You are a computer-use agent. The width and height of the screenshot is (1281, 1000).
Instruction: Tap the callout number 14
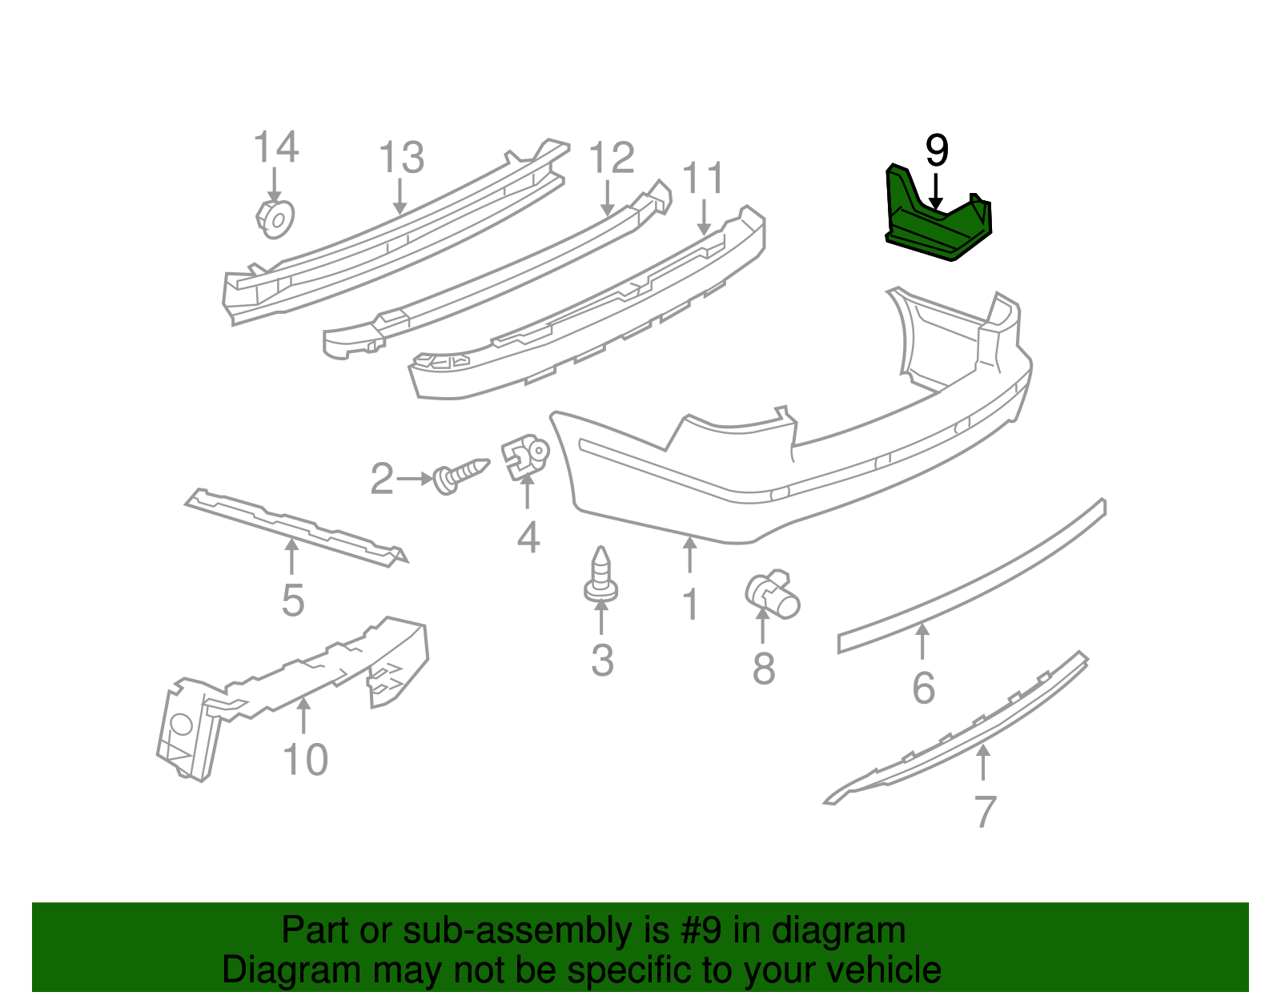[x=275, y=148]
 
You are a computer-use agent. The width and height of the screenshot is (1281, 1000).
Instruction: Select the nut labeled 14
[x=275, y=218]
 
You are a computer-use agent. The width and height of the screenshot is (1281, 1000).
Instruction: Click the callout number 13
[x=400, y=158]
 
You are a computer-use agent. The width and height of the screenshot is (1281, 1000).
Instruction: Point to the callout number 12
[x=611, y=158]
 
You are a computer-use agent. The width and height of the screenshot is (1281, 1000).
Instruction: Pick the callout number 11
[x=703, y=178]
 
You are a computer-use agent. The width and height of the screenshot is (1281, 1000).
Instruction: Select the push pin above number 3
[x=600, y=575]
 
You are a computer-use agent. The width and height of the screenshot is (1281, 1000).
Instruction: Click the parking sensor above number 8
[x=773, y=596]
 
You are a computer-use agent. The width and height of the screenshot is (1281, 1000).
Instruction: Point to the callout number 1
[x=690, y=604]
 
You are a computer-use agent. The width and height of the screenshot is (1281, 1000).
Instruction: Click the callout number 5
[x=293, y=600]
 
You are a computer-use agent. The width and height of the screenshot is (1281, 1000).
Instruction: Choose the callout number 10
[x=305, y=759]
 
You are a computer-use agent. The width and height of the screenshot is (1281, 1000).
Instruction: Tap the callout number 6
[x=923, y=689]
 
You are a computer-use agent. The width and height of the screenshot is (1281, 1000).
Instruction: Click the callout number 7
[x=984, y=811]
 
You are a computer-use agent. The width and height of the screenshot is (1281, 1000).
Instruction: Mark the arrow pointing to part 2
[x=415, y=479]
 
